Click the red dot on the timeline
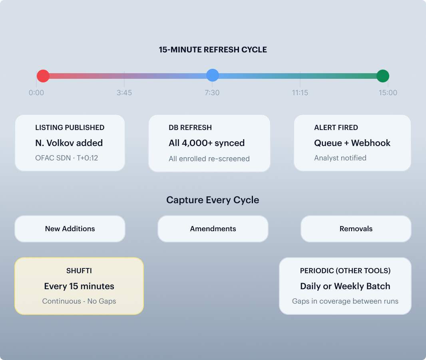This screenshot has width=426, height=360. (x=43, y=76)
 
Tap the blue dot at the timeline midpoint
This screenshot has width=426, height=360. (x=213, y=75)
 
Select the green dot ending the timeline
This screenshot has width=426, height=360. (x=383, y=76)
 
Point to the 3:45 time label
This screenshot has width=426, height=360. (x=124, y=93)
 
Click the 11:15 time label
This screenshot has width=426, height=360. (x=300, y=93)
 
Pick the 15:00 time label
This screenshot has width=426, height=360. (x=388, y=93)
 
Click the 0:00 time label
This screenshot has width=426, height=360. (x=36, y=93)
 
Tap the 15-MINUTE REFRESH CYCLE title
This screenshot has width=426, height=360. (x=213, y=50)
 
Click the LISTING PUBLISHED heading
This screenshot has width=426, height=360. (x=70, y=128)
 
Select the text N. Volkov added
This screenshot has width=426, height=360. (x=69, y=143)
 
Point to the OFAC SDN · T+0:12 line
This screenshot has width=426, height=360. (x=67, y=158)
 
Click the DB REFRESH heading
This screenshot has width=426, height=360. (x=190, y=128)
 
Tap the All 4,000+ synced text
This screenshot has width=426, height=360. (x=207, y=143)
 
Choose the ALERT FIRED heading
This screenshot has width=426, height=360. (x=336, y=128)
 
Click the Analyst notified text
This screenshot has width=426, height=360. (x=340, y=158)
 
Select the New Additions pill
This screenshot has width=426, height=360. (x=70, y=229)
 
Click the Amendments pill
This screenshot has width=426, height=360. (x=213, y=229)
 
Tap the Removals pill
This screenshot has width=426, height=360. (x=356, y=229)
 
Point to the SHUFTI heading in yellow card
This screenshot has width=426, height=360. (x=79, y=271)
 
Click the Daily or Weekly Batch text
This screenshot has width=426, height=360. (x=345, y=286)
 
